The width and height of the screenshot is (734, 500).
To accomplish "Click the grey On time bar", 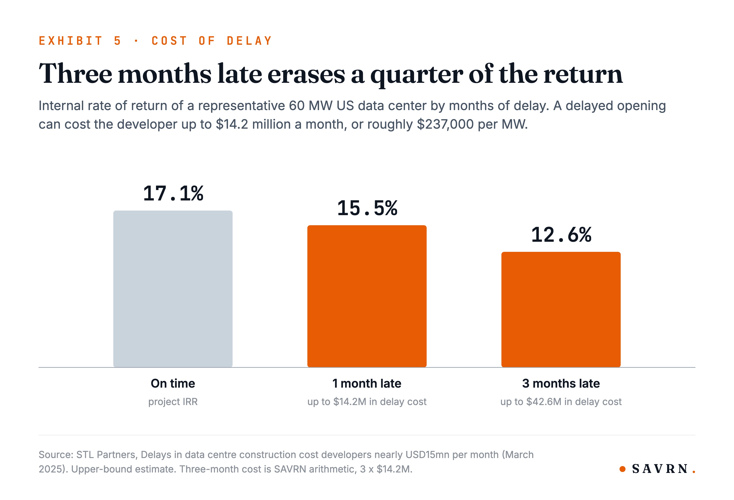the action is pyautogui.click(x=173, y=289).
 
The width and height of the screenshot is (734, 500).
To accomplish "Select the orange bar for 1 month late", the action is pyautogui.click(x=367, y=296).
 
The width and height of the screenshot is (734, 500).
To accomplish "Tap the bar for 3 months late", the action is pyautogui.click(x=561, y=309).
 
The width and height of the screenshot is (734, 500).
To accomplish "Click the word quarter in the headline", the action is pyautogui.click(x=417, y=75).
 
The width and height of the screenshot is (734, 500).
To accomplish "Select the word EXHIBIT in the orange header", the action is pyautogui.click(x=70, y=41).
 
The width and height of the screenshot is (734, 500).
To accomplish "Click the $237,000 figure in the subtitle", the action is pyautogui.click(x=445, y=124).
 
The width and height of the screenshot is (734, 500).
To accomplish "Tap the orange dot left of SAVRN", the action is pyautogui.click(x=623, y=469).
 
